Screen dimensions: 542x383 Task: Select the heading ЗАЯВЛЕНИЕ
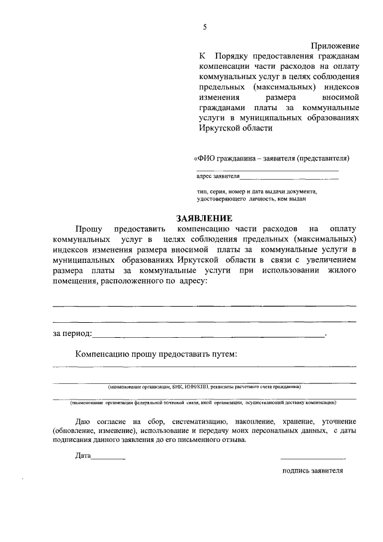tap(203, 219)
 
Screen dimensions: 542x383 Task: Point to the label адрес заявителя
tap(218, 177)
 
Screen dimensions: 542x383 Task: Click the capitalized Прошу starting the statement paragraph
tap(88, 229)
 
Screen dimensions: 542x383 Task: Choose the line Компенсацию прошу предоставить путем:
tap(156, 354)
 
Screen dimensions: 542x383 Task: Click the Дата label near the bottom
tap(83, 456)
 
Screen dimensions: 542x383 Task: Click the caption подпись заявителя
tap(312, 471)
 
